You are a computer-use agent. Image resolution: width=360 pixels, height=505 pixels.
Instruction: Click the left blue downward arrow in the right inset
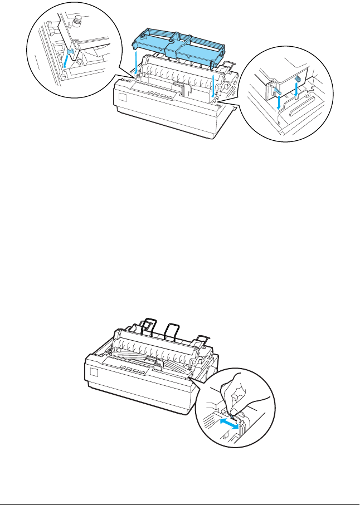click(279, 103)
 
